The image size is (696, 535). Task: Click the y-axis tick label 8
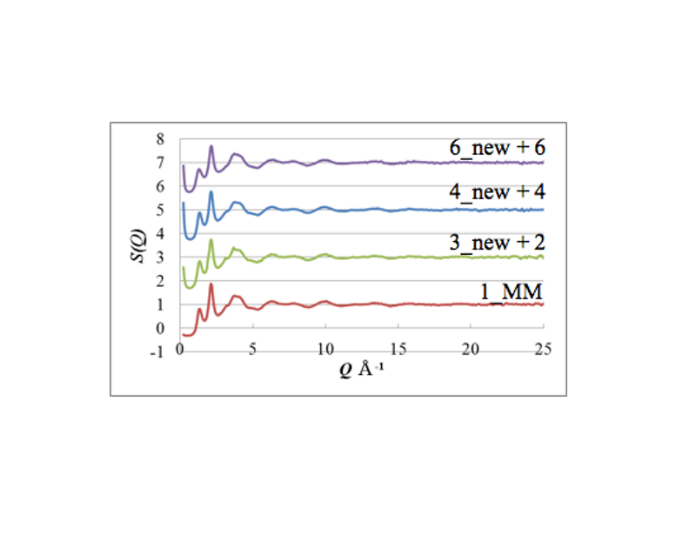pyautogui.click(x=159, y=139)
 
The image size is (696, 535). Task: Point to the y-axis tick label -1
pyautogui.click(x=157, y=352)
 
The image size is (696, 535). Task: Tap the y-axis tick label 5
pyautogui.click(x=159, y=210)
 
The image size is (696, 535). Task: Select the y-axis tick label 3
pyautogui.click(x=159, y=257)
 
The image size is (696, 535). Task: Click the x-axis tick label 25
pyautogui.click(x=543, y=350)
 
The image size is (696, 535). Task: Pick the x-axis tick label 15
pyautogui.click(x=398, y=350)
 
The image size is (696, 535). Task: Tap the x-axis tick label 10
pyautogui.click(x=325, y=350)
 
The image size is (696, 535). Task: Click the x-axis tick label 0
pyautogui.click(x=180, y=350)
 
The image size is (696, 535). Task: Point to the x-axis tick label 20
pyautogui.click(x=471, y=350)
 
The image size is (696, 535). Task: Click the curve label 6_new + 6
pyautogui.click(x=497, y=147)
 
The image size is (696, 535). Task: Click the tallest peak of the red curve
pyautogui.click(x=211, y=284)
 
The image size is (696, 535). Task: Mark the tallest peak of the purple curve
pyautogui.click(x=211, y=147)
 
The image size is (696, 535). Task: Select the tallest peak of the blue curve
pyautogui.click(x=211, y=192)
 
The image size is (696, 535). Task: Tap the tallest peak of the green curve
pyautogui.click(x=211, y=240)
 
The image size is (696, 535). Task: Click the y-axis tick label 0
pyautogui.click(x=159, y=329)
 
